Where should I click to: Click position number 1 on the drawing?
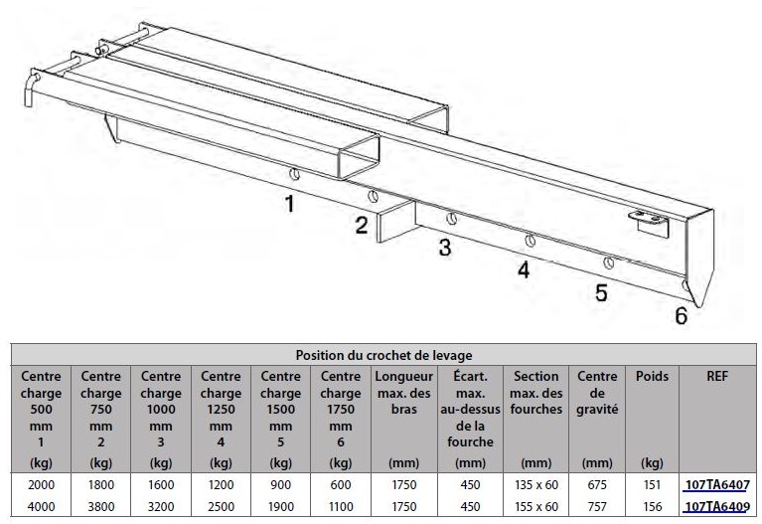pyautogui.click(x=290, y=204)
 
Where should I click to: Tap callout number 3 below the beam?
pyautogui.click(x=445, y=247)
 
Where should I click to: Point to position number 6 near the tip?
pyautogui.click(x=682, y=316)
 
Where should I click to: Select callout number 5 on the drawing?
pyautogui.click(x=602, y=292)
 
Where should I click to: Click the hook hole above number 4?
pyautogui.click(x=531, y=241)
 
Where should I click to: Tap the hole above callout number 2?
pyautogui.click(x=373, y=196)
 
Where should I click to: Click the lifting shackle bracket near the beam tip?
pyautogui.click(x=649, y=221)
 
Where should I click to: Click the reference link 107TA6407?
pyautogui.click(x=717, y=484)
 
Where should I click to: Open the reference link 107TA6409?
pyautogui.click(x=717, y=506)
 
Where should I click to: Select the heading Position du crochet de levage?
pyautogui.click(x=383, y=355)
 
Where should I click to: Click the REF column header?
pyautogui.click(x=717, y=376)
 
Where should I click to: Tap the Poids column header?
pyautogui.click(x=652, y=376)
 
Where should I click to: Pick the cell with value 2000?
pyautogui.click(x=42, y=484)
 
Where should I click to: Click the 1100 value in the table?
pyautogui.click(x=341, y=506)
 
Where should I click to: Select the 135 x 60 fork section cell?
pyautogui.click(x=536, y=484)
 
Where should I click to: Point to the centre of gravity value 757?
pyautogui.click(x=597, y=506)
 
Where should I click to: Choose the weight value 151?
pyautogui.click(x=652, y=484)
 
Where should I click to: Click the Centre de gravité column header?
pyautogui.click(x=597, y=393)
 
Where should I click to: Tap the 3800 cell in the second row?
pyautogui.click(x=101, y=506)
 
